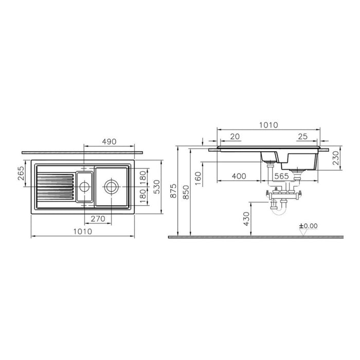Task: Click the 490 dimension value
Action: pyautogui.click(x=109, y=141)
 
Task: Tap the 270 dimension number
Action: pyautogui.click(x=98, y=219)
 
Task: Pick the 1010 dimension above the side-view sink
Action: pyautogui.click(x=267, y=125)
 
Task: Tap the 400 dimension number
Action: pyautogui.click(x=238, y=176)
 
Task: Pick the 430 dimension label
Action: pyautogui.click(x=246, y=220)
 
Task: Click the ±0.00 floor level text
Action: pyautogui.click(x=309, y=225)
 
